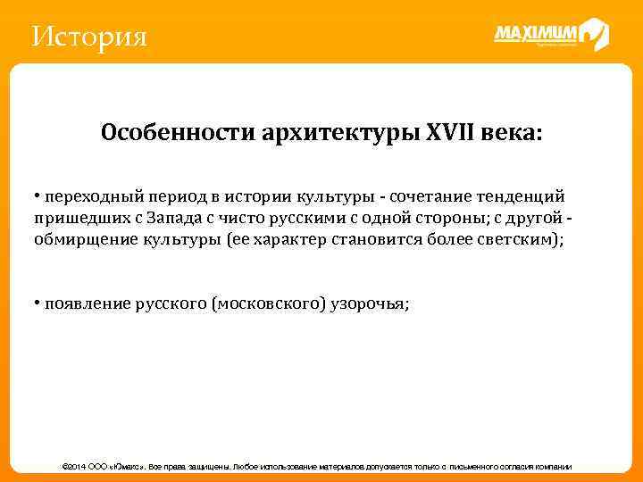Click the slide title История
click(88, 37)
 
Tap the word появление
click(85, 303)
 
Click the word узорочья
click(376, 303)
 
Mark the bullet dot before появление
click(38, 303)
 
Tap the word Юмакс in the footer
click(124, 467)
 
